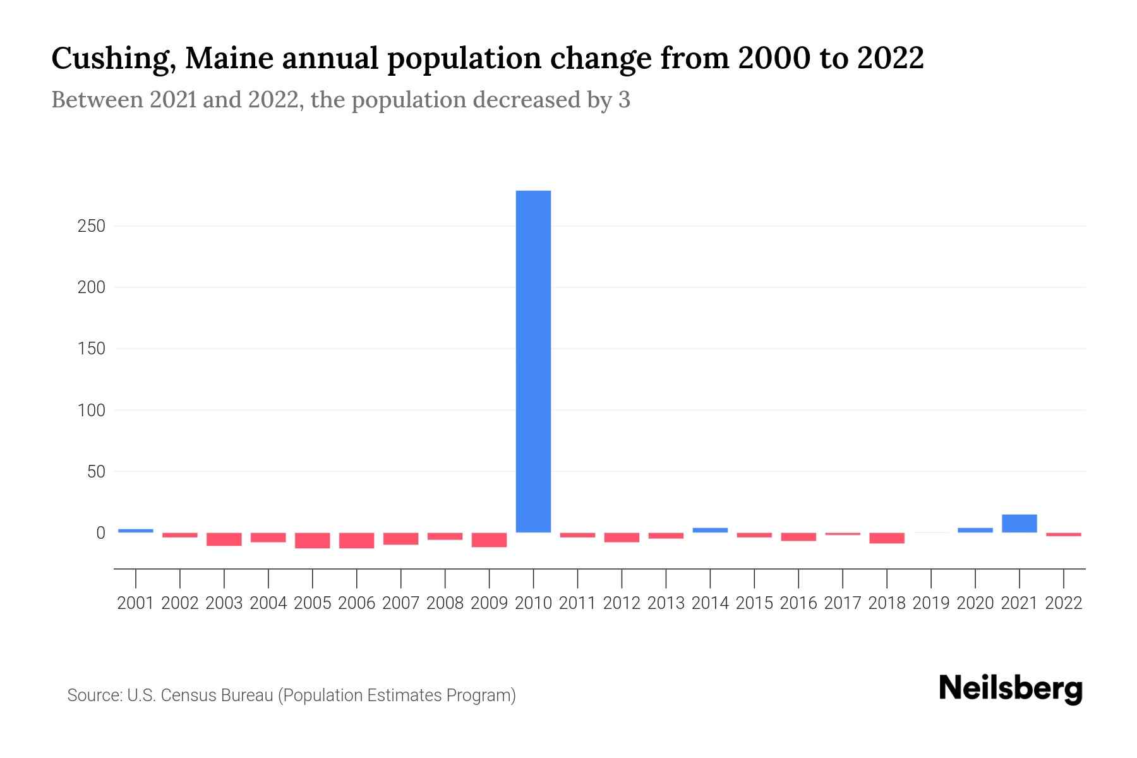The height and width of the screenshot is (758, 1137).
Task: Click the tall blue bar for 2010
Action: (533, 361)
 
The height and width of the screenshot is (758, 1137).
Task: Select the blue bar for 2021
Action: (1019, 524)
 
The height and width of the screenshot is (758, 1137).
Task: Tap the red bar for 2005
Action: (312, 540)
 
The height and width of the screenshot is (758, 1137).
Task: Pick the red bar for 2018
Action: (886, 538)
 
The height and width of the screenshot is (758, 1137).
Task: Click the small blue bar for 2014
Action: (710, 531)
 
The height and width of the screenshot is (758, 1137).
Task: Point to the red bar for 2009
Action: (489, 539)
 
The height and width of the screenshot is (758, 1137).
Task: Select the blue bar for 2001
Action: (136, 531)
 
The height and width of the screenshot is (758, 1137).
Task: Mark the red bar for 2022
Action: (1063, 534)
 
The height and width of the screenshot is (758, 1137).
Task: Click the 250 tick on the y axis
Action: (91, 226)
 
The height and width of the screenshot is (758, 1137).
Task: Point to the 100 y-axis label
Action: (91, 411)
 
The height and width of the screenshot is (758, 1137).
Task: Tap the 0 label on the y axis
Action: (100, 533)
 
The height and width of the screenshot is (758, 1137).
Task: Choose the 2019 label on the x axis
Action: (930, 603)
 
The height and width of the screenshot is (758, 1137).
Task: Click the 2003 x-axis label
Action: (224, 603)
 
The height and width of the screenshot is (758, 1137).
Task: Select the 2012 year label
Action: (622, 603)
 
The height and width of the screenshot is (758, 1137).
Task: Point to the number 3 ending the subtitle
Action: (624, 100)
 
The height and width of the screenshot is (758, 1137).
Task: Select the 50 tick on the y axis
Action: (95, 472)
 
